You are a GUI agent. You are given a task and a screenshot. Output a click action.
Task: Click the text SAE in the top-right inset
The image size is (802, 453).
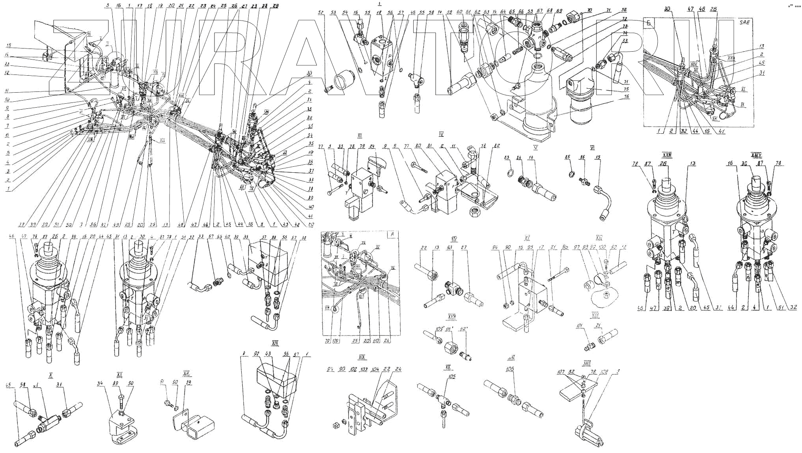[744, 22]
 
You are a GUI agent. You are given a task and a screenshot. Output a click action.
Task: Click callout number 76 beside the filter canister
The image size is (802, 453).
[626, 96]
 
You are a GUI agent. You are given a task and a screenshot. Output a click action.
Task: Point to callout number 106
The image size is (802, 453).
[512, 369]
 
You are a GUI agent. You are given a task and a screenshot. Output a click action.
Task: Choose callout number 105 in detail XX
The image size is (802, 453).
[452, 377]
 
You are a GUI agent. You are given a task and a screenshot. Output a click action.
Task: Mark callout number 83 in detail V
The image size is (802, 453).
[507, 158]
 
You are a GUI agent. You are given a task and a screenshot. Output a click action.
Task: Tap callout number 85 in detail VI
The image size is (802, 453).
[568, 158]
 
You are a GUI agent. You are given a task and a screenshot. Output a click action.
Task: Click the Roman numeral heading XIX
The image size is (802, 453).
[362, 358]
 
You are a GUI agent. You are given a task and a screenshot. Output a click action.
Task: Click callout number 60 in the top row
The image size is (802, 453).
[459, 12]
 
